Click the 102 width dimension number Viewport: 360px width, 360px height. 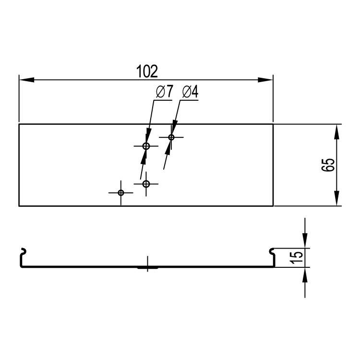pyautogui.click(x=147, y=71)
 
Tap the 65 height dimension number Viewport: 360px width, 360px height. pyautogui.click(x=328, y=165)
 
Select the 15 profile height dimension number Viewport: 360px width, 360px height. pyautogui.click(x=297, y=258)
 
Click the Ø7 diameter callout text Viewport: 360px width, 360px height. pyautogui.click(x=164, y=91)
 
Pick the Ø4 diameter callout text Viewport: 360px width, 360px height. pyautogui.click(x=191, y=92)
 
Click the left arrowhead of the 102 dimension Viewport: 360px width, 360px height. pyautogui.click(x=26, y=80)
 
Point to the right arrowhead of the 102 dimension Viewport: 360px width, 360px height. pyautogui.click(x=265, y=80)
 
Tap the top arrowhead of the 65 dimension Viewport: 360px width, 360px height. pyautogui.click(x=336, y=132)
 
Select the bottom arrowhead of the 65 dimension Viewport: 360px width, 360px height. pyautogui.click(x=336, y=198)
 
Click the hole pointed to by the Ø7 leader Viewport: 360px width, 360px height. pyautogui.click(x=146, y=146)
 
